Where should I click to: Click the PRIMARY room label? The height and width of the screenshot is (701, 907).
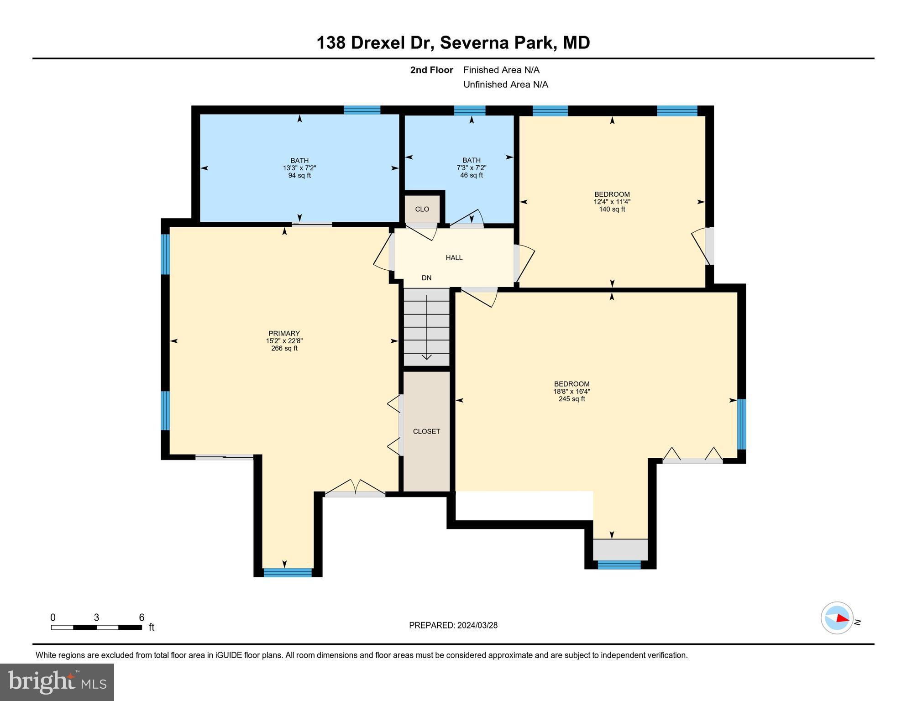point(284,333)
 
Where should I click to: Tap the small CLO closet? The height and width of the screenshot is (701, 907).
point(422,209)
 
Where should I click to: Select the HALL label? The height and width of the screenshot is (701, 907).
point(454,257)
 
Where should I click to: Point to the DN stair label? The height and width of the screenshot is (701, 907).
point(426,277)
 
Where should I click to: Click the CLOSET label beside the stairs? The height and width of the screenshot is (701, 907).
point(426,431)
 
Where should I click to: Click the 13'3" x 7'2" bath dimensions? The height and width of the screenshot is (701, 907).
point(299,168)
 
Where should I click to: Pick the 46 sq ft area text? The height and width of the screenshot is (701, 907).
point(471,175)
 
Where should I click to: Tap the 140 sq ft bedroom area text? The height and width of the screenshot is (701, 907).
point(612,209)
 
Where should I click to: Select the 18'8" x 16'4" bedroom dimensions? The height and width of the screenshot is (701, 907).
point(571,391)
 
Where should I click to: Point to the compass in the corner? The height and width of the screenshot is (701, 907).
point(837,618)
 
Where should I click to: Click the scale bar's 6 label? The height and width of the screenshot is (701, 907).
point(142,617)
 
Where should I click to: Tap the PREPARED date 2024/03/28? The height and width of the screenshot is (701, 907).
point(477,625)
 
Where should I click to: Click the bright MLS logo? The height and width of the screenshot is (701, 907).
point(57,682)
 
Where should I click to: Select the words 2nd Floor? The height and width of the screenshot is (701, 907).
point(431,70)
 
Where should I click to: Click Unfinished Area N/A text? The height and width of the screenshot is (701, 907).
point(505,84)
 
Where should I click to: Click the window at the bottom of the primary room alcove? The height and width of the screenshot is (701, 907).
point(288,572)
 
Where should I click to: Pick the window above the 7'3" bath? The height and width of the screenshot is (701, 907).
point(469,110)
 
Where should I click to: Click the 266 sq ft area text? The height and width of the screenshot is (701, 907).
point(284,348)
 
